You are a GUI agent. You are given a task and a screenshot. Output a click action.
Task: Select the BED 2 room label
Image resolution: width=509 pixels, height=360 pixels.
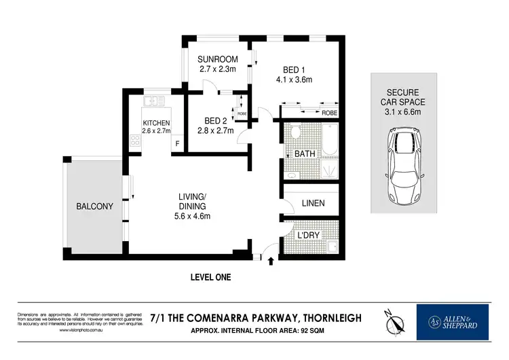click(214, 120)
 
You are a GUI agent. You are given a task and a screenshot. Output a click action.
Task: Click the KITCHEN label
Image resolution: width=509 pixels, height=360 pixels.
click(155, 122)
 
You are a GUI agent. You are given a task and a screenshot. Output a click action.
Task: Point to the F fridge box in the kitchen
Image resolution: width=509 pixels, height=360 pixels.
click(178, 143)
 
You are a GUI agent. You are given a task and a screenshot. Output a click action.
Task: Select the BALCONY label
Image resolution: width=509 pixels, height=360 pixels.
click(94, 206)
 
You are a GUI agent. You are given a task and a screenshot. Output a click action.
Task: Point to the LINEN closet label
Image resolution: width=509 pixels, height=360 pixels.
click(313, 203)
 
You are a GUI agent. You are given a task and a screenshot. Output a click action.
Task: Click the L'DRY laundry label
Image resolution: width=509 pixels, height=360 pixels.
click(309, 235)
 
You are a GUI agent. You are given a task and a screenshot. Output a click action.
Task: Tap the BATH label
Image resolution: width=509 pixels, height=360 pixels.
click(305, 154)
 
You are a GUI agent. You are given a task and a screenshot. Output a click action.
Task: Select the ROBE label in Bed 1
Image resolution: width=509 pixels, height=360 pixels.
click(329, 113)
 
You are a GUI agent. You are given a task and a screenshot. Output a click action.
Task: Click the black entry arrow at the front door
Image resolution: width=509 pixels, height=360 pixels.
click(271, 259)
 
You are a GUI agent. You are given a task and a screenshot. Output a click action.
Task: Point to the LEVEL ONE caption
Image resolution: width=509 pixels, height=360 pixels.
click(210, 277)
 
